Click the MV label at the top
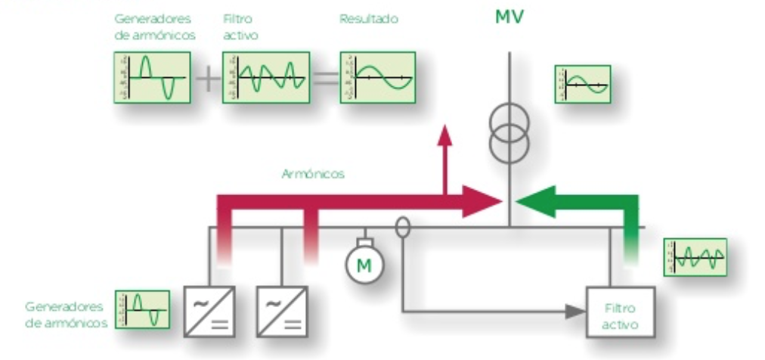[509, 17]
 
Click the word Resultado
[368, 18]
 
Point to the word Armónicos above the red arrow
[313, 174]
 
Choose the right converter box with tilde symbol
[282, 311]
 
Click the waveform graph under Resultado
[378, 77]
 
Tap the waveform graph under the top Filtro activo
[266, 77]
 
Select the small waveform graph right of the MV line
[582, 83]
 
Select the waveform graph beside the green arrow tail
[695, 257]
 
